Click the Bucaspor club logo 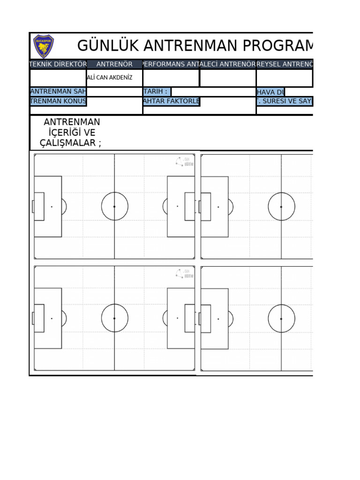pos(44,46)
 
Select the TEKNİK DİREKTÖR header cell pos(58,64)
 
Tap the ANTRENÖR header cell pos(114,64)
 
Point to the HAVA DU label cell pos(270,92)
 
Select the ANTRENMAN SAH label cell pos(58,92)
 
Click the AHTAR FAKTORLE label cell pos(171,101)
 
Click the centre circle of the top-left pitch pos(114,206)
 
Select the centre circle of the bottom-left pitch pos(114,318)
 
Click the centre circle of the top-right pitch pos(281,206)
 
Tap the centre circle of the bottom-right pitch pos(281,318)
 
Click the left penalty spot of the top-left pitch pos(52,206)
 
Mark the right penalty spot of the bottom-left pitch pos(177,318)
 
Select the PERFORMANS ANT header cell pos(171,64)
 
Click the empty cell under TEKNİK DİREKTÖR pos(58,78)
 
